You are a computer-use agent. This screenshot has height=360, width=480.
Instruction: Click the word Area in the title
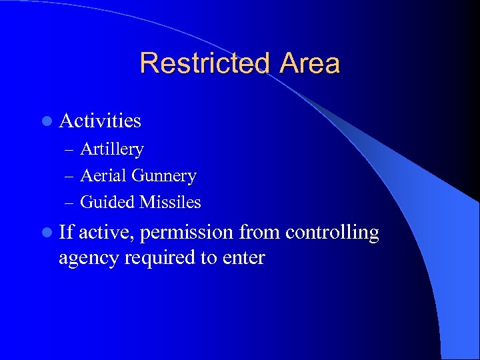pyautogui.click(x=310, y=63)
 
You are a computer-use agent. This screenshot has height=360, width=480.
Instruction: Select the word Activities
pyautogui.click(x=100, y=121)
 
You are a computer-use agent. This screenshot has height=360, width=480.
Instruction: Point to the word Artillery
pyautogui.click(x=111, y=149)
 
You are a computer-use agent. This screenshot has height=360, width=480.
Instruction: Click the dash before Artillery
pyautogui.click(x=71, y=150)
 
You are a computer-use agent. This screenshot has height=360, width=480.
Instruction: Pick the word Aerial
pyautogui.click(x=103, y=176)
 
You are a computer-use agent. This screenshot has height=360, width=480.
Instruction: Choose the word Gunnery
pyautogui.click(x=164, y=176)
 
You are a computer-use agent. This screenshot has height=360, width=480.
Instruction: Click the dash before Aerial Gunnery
pyautogui.click(x=71, y=177)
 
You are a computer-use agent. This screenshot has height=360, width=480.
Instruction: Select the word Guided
pyautogui.click(x=107, y=202)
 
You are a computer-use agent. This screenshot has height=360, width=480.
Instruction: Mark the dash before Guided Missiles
pyautogui.click(x=71, y=203)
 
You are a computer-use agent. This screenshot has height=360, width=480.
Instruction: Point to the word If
pyautogui.click(x=65, y=232)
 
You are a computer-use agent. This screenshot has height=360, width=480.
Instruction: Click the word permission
pyautogui.click(x=187, y=233)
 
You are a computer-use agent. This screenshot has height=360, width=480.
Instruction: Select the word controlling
pyautogui.click(x=332, y=233)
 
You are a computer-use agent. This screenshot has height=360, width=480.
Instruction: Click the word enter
pyautogui.click(x=244, y=257)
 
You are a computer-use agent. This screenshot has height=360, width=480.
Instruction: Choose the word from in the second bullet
pyautogui.click(x=259, y=232)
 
